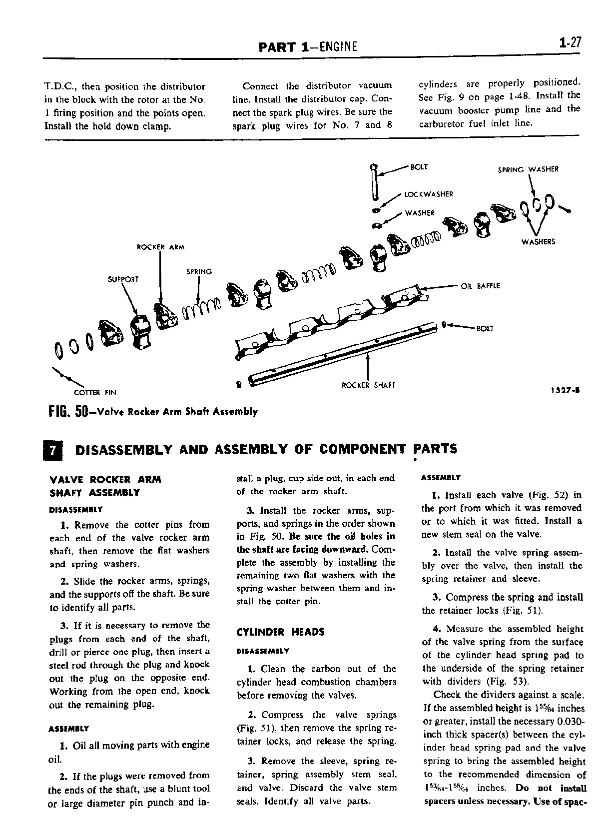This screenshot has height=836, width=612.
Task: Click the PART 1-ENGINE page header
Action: [x=308, y=47]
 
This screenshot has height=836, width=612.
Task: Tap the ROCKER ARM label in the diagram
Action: [x=160, y=247]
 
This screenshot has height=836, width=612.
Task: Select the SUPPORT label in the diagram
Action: [x=123, y=279]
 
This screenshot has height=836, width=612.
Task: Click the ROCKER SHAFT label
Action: [x=368, y=385]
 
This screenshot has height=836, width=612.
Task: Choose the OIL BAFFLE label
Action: [x=480, y=286]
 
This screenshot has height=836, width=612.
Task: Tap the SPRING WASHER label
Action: [x=528, y=169]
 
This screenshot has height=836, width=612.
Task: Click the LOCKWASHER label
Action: [x=428, y=194]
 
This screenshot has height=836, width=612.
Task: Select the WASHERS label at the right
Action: [x=538, y=242]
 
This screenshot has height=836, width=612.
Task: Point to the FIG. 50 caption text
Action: [x=153, y=412]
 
